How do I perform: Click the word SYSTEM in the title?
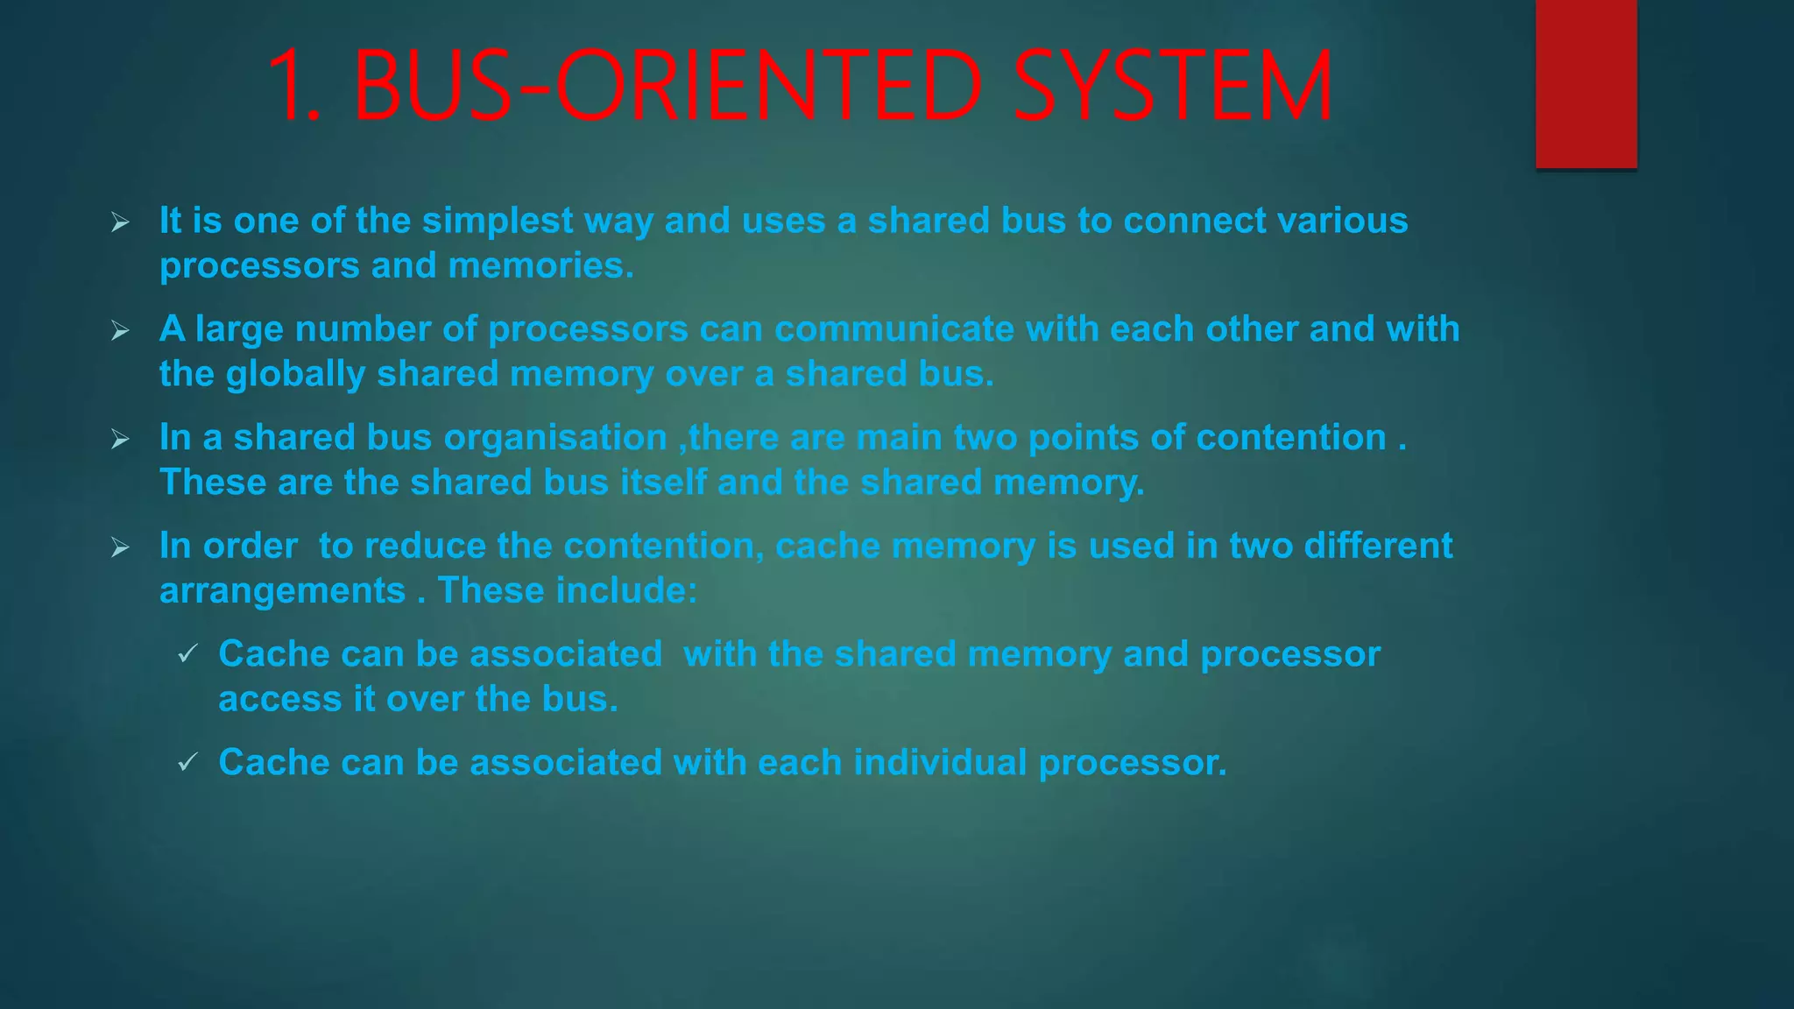tap(1172, 86)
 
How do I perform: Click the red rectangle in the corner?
tap(1586, 83)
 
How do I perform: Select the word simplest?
tap(498, 221)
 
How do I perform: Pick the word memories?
tap(540, 265)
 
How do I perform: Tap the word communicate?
tap(893, 329)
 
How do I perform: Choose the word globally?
tap(295, 375)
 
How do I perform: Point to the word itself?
tap(663, 483)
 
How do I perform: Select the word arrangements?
tap(282, 591)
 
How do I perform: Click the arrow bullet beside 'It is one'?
tap(120, 222)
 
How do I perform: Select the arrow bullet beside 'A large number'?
tap(120, 331)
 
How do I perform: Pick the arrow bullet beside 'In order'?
tap(120, 548)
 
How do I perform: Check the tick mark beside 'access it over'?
tap(187, 654)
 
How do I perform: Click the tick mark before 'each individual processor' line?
tap(187, 763)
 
